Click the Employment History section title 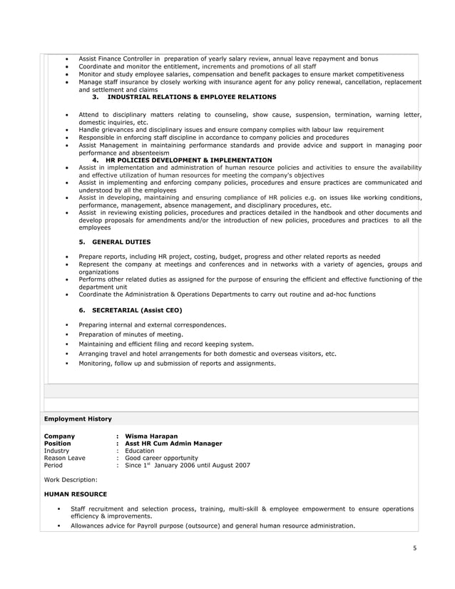78,419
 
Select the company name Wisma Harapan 151,436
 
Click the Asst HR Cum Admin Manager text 173,444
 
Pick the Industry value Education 139,451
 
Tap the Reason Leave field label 65,458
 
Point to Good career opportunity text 161,458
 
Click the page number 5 414,548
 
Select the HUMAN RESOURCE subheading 76,493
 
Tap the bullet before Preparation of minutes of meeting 66,334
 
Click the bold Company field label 60,436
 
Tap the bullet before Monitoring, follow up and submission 66,363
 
